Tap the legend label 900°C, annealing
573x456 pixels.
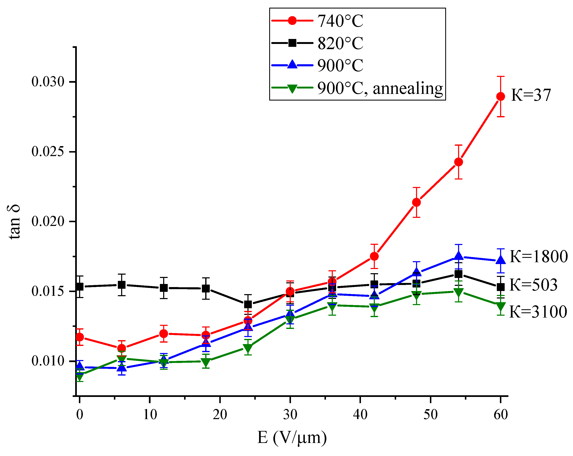click(x=380, y=88)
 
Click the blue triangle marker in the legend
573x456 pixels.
click(x=292, y=65)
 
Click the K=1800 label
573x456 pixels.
click(x=538, y=257)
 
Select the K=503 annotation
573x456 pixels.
click(x=533, y=285)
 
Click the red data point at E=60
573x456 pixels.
click(x=501, y=97)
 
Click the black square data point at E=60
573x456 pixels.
click(x=501, y=287)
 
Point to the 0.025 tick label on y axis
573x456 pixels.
click(x=48, y=152)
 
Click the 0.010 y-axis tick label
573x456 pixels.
click(x=48, y=361)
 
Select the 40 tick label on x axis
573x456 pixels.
click(x=360, y=415)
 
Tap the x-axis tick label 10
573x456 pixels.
click(x=150, y=415)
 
